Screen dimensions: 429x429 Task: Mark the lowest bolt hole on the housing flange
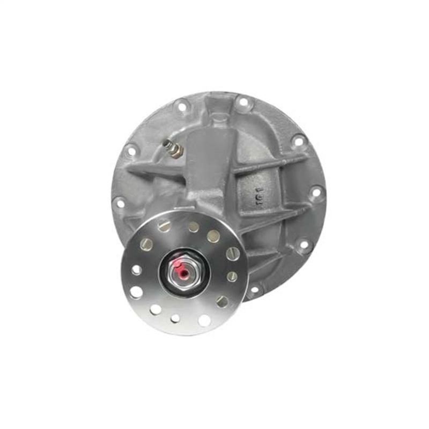(x=254, y=290)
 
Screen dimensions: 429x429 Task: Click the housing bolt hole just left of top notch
(x=182, y=107)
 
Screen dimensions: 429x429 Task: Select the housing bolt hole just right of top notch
(x=243, y=102)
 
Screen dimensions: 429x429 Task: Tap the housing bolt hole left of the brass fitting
(x=130, y=152)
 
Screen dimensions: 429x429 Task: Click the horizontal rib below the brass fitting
(x=156, y=171)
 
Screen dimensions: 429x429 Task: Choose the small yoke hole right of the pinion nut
(x=232, y=276)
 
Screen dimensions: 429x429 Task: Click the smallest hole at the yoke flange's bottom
(x=175, y=318)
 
